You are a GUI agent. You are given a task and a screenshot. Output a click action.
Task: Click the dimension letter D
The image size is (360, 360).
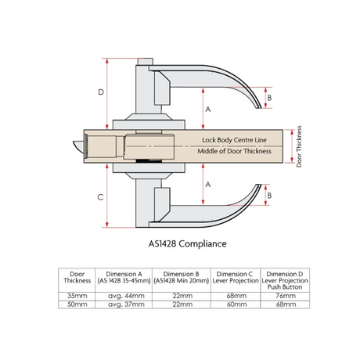tap(101, 92)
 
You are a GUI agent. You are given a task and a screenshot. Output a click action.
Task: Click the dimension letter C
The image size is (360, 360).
tap(100, 197)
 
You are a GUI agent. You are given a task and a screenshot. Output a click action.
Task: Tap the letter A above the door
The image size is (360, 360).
tap(208, 110)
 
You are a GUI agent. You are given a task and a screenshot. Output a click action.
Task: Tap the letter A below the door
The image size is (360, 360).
tap(208, 185)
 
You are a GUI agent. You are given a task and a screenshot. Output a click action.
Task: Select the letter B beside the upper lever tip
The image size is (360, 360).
tap(269, 98)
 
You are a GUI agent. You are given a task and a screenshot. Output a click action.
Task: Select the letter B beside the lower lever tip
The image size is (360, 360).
tap(269, 196)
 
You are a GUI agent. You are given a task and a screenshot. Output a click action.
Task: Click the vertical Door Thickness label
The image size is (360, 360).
tap(299, 146)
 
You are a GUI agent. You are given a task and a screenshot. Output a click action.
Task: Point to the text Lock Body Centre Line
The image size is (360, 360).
tap(234, 140)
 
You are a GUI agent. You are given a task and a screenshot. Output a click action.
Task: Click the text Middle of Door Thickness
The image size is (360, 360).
tap(234, 151)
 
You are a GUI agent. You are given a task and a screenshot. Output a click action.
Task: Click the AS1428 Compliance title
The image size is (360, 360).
tap(187, 243)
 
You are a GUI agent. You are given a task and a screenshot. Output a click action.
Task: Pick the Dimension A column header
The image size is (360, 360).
tap(124, 277)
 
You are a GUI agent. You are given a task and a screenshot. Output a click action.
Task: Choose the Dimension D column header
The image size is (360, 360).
tap(285, 280)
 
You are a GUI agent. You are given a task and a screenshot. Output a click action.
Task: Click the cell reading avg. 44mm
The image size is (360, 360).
tap(126, 296)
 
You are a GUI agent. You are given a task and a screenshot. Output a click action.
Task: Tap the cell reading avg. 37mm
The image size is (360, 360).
tap(126, 304)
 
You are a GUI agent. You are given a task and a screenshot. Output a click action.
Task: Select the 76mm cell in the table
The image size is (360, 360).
tap(286, 296)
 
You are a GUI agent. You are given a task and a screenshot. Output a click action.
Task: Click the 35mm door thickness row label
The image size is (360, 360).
tap(77, 296)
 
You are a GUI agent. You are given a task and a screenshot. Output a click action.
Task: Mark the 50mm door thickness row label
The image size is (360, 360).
tap(77, 304)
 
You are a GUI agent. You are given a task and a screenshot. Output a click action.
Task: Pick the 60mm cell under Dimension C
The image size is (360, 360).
tap(236, 304)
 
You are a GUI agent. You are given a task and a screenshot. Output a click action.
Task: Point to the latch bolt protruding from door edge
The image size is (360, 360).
tap(78, 146)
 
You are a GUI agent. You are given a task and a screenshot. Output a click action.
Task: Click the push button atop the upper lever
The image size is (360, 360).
tap(145, 62)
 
